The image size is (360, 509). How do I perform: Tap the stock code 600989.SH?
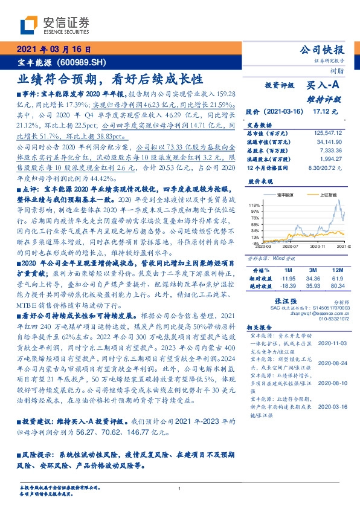click(85, 63)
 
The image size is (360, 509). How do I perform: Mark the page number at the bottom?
click(180, 488)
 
